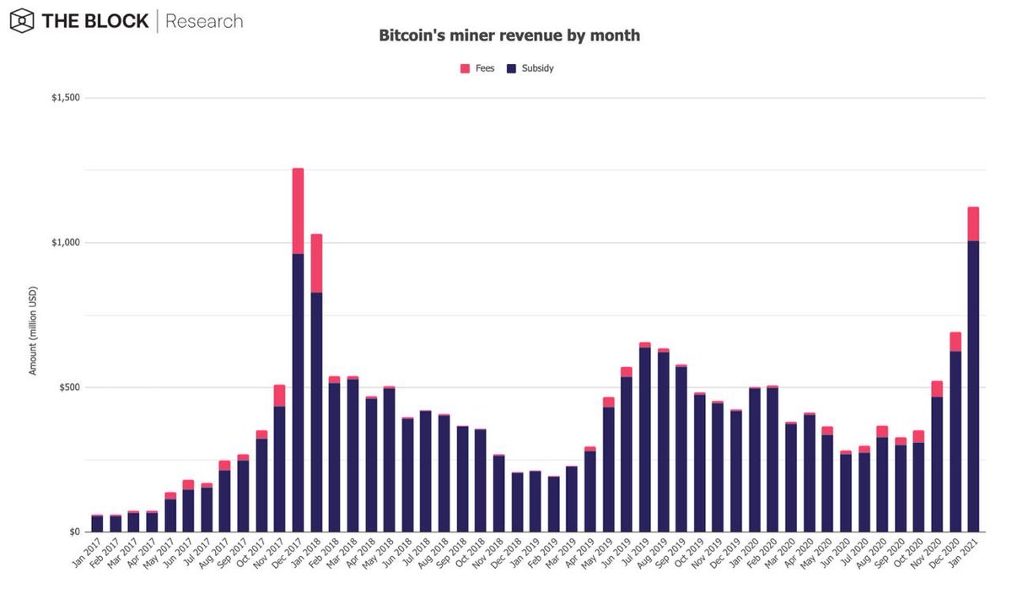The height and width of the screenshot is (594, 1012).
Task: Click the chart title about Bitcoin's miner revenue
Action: click(509, 36)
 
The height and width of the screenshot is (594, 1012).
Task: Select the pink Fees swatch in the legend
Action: click(465, 68)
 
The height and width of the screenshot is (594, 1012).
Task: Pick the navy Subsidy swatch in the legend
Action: click(511, 68)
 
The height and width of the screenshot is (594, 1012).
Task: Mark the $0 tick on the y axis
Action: click(74, 532)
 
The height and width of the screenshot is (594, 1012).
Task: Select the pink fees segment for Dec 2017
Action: click(298, 211)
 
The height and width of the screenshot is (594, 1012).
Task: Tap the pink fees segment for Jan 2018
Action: click(316, 263)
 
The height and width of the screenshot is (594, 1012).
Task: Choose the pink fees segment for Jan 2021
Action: click(973, 224)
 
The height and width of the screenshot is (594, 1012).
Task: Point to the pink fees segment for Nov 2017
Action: click(279, 396)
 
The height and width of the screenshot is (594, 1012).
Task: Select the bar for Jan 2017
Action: click(97, 524)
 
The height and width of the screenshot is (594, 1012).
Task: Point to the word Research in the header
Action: click(204, 21)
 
